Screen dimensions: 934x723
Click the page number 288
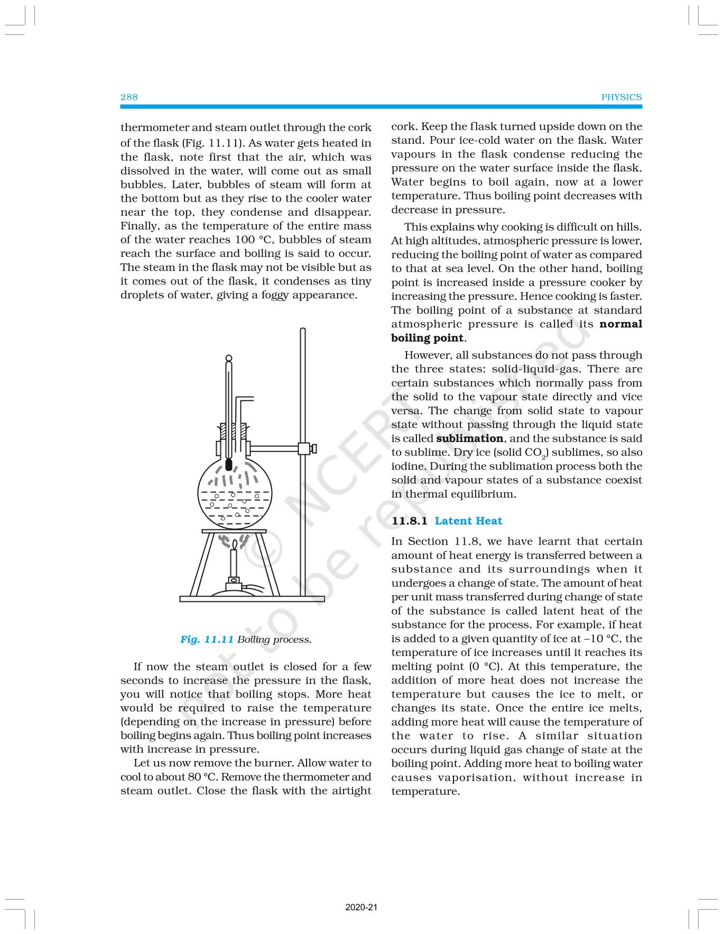pyautogui.click(x=129, y=97)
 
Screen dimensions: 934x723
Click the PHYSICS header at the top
pyautogui.click(x=622, y=97)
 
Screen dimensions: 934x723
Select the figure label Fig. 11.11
pyautogui.click(x=207, y=639)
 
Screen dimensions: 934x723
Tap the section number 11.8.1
pyautogui.click(x=410, y=521)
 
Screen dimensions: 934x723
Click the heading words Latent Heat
pyautogui.click(x=468, y=521)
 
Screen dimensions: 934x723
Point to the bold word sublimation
pyautogui.click(x=469, y=438)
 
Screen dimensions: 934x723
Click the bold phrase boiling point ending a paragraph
pyautogui.click(x=427, y=338)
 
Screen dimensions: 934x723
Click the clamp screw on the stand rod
pyautogui.click(x=314, y=448)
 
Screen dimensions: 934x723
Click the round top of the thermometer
pyautogui.click(x=228, y=358)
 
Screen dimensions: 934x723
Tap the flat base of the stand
pyautogui.click(x=252, y=599)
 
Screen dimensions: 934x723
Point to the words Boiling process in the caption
pyautogui.click(x=274, y=639)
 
